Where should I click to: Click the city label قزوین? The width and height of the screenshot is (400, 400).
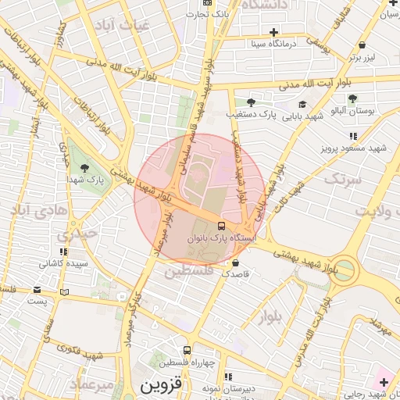160,386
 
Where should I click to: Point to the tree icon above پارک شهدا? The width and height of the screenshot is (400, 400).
84,167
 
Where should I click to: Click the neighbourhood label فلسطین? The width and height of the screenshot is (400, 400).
187,271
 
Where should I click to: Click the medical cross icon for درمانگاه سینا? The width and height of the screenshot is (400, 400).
273,32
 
